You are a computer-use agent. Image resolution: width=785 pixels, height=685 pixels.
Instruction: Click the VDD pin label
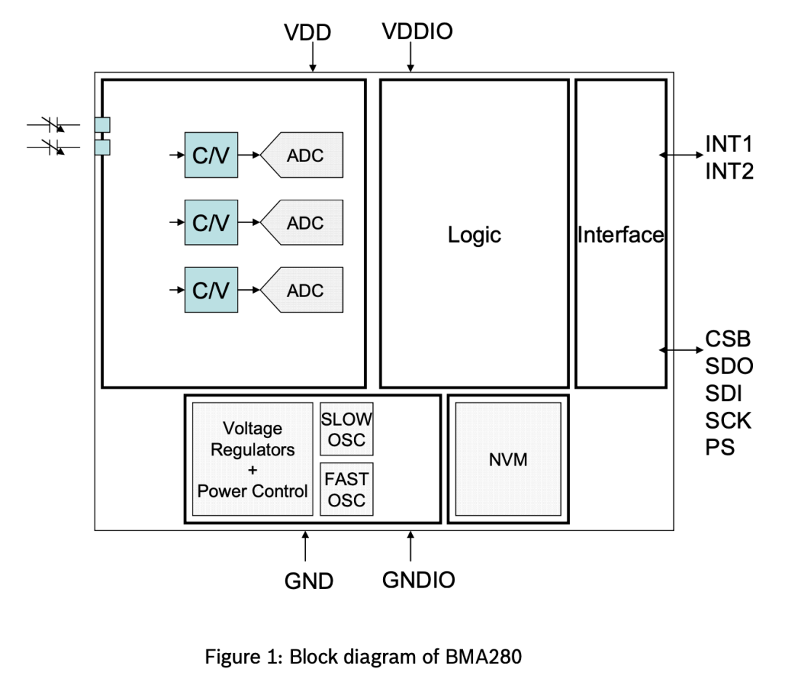point(307,33)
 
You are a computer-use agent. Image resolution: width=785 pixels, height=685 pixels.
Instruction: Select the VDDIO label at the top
point(417,31)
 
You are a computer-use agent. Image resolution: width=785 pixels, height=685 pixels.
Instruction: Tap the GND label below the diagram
point(309,581)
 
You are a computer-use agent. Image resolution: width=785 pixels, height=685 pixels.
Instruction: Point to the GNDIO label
point(419,580)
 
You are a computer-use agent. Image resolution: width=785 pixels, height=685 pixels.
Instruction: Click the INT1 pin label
point(729,143)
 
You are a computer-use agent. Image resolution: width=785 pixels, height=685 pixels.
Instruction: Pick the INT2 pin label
point(729,171)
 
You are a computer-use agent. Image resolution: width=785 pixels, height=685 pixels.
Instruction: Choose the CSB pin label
point(728,339)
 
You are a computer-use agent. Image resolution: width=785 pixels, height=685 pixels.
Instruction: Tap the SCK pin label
point(728,420)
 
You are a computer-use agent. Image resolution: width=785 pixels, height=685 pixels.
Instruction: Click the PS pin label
point(720,447)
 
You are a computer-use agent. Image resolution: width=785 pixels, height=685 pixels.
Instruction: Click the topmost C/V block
point(211,155)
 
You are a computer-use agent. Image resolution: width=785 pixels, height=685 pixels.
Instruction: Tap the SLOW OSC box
point(347,429)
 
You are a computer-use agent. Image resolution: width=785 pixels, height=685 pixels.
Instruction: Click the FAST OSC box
point(347,490)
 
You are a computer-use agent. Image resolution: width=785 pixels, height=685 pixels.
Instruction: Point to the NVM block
point(508,460)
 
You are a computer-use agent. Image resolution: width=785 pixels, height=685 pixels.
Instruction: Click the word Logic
point(474,235)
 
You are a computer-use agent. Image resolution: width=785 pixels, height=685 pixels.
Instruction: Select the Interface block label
point(621,235)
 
